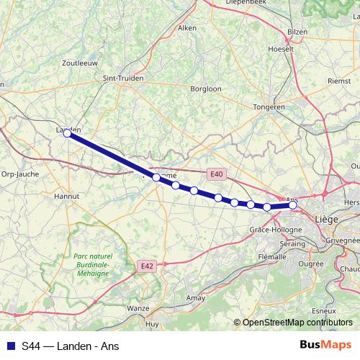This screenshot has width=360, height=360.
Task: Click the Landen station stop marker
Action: [67, 133]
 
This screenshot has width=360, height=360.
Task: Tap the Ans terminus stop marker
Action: [293, 205]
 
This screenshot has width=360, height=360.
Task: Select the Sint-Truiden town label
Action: [124, 78]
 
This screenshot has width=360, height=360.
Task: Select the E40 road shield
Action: [217, 174]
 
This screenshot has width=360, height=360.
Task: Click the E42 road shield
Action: [147, 266]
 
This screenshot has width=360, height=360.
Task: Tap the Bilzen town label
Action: [297, 32]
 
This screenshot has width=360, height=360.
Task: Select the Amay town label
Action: [196, 297]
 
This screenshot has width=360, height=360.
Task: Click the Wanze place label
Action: [138, 308]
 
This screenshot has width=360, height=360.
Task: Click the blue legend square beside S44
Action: [9, 346]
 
